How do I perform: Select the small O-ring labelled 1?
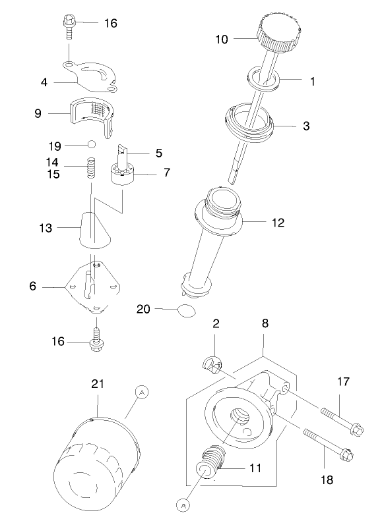(265, 76)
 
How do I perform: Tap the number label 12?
(278, 223)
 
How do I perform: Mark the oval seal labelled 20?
(187, 310)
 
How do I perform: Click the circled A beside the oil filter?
(141, 391)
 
